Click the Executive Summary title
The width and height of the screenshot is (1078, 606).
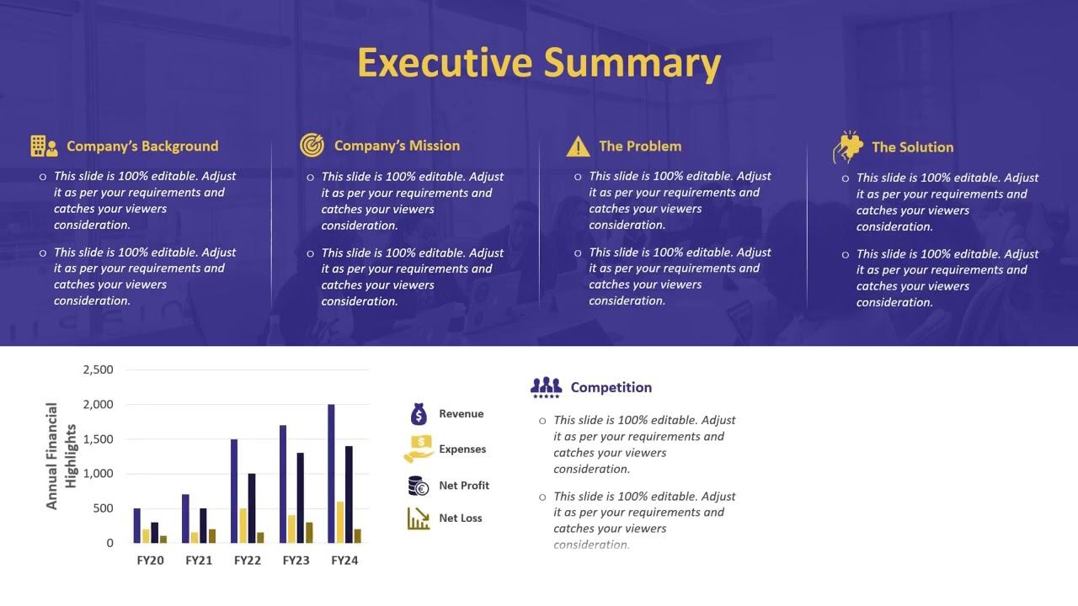click(539, 63)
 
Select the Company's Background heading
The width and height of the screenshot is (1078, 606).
click(142, 146)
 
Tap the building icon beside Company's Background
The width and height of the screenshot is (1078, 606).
click(44, 146)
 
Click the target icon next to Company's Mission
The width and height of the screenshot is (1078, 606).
click(312, 146)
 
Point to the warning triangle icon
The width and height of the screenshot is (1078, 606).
click(578, 147)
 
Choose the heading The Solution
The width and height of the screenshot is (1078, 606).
click(912, 147)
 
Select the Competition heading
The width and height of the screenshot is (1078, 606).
click(611, 388)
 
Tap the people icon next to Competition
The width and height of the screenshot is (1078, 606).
click(546, 387)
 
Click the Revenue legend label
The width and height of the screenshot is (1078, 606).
click(461, 414)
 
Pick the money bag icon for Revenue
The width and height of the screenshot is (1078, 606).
click(419, 414)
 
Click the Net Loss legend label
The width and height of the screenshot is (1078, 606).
click(460, 518)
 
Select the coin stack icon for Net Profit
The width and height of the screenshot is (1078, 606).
click(419, 486)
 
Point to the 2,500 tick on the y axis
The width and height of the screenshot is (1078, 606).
click(98, 369)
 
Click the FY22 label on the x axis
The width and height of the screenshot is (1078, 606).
click(248, 561)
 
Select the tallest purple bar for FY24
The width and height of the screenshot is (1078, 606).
click(331, 473)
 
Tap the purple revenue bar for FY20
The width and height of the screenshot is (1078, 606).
click(137, 525)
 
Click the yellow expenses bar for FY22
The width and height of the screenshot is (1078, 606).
click(243, 525)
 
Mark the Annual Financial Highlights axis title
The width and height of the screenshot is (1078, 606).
click(61, 456)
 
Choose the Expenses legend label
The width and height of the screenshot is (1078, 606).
click(462, 449)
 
